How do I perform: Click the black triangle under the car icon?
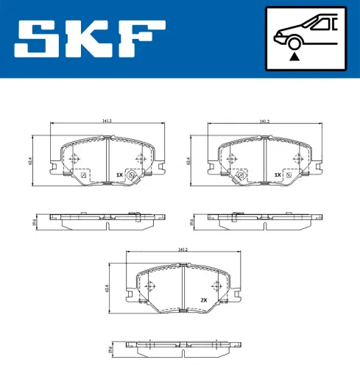[294, 54]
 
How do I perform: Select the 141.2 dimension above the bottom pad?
[183, 250]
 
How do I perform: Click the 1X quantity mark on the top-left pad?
[119, 175]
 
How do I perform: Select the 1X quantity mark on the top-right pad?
[278, 175]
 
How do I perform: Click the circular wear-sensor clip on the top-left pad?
[133, 175]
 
